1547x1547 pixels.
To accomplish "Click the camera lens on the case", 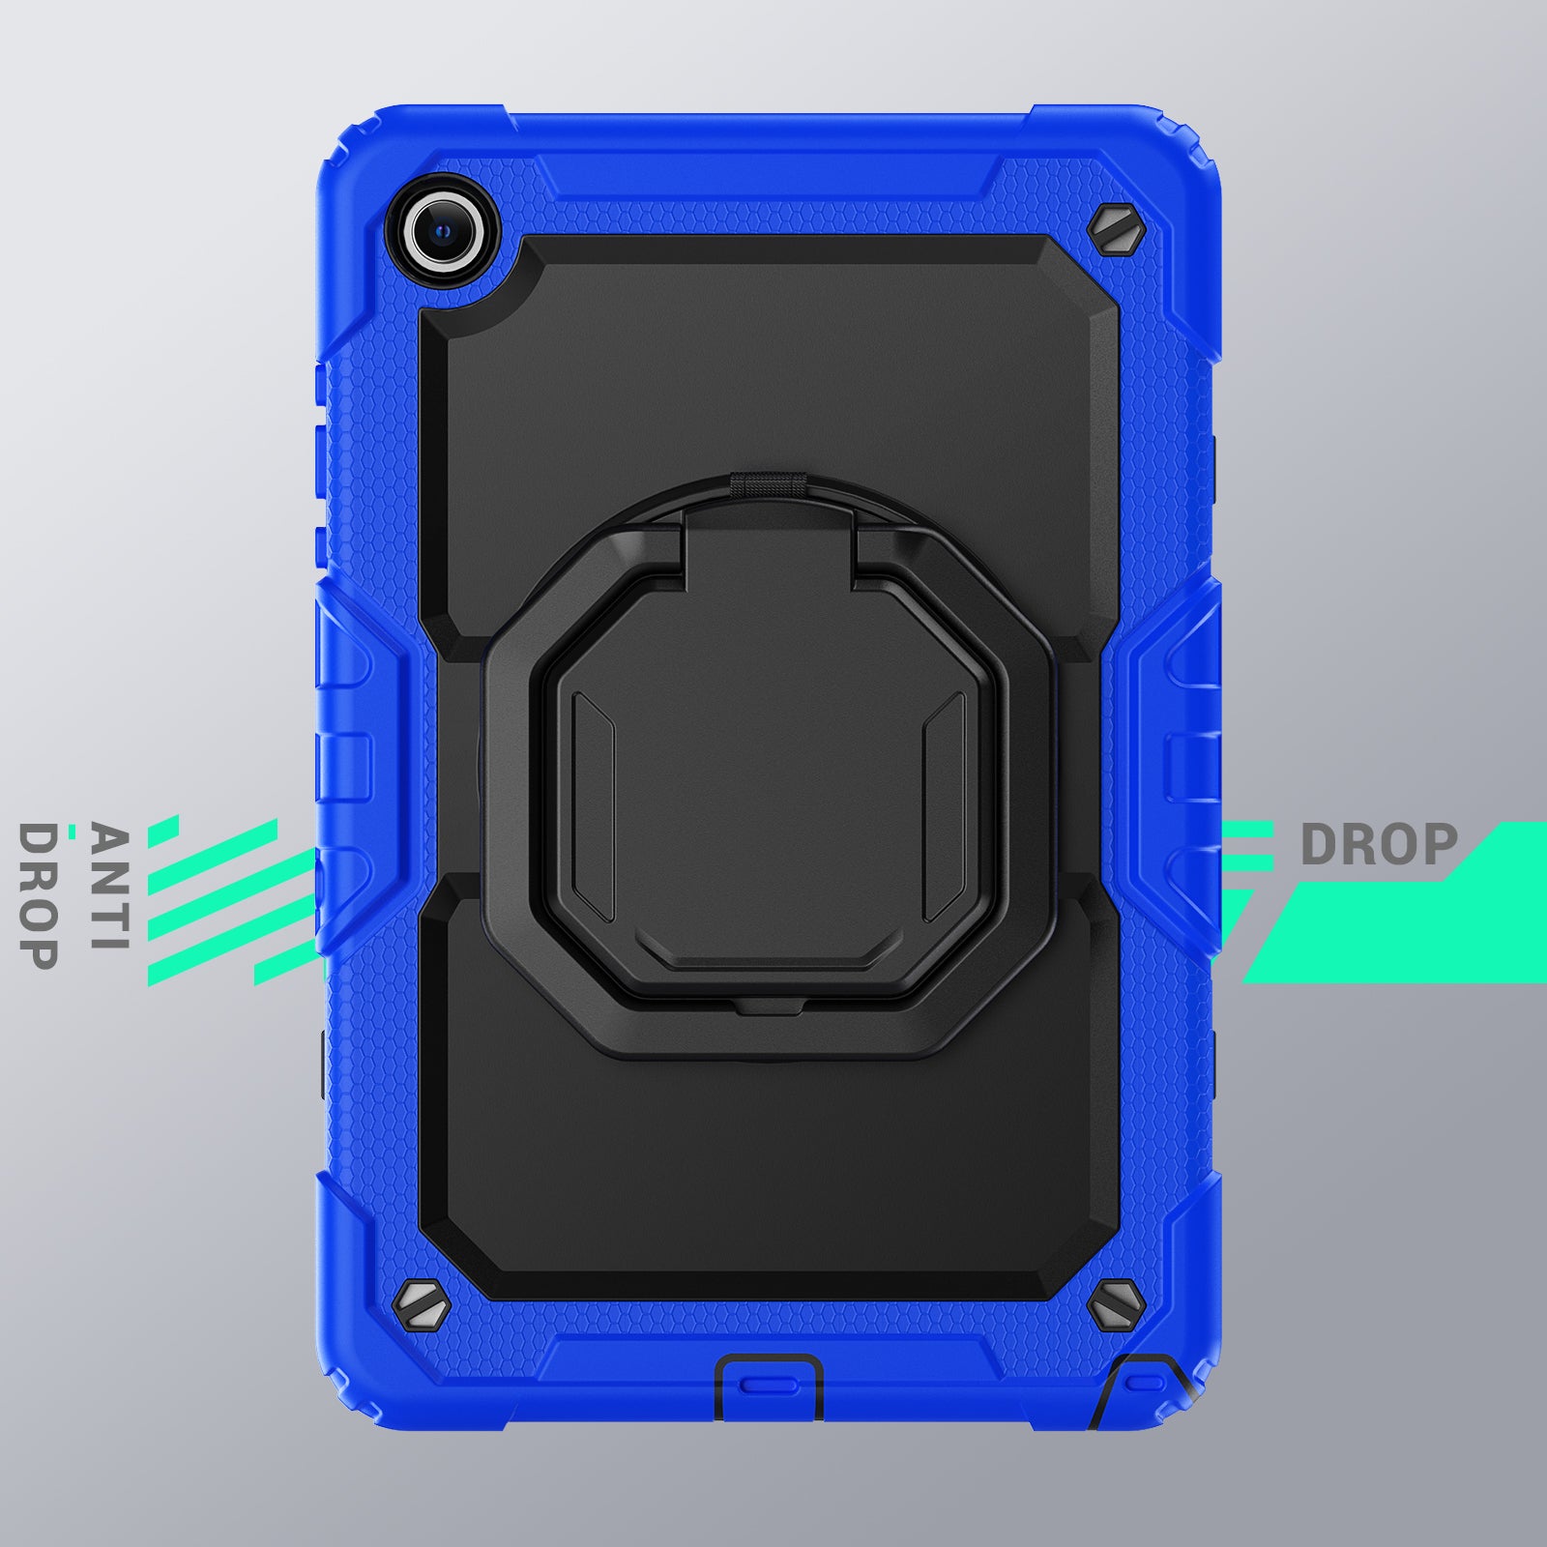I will point(444,231).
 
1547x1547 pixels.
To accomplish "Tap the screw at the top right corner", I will point(1115,230).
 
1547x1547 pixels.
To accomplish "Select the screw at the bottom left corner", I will point(423,1308).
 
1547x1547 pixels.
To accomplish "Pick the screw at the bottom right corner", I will point(1116,1305).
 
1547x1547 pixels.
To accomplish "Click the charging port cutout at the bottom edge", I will point(769,1385).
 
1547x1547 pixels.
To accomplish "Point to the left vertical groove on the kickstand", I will point(594,807).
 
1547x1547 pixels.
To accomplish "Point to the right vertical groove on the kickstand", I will point(945,807).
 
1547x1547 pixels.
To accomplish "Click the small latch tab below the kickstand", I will point(769,1008).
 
